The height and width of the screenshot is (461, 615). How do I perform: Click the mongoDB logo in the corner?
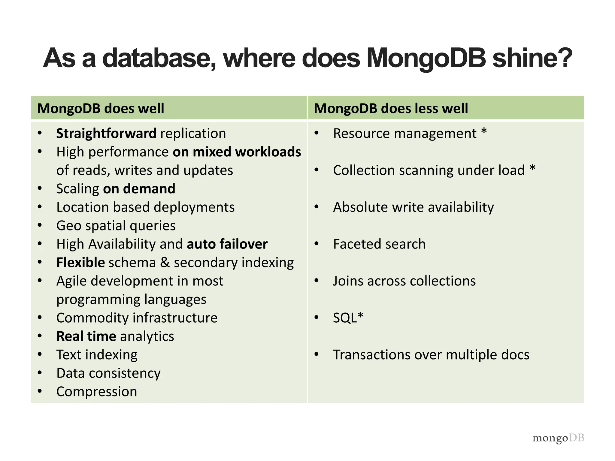pyautogui.click(x=558, y=438)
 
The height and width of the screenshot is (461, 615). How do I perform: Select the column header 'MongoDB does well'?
pyautogui.click(x=101, y=108)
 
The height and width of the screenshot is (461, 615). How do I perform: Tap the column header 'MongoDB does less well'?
pyautogui.click(x=391, y=108)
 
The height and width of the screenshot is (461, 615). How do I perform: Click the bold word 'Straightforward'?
pyautogui.click(x=106, y=134)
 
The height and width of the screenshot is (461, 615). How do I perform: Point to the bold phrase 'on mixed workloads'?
pyautogui.click(x=237, y=152)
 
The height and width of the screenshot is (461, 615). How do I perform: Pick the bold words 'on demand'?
pyautogui.click(x=139, y=189)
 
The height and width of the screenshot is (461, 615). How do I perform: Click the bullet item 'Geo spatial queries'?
pyautogui.click(x=116, y=226)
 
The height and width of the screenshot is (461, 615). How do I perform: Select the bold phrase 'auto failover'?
pyautogui.click(x=227, y=244)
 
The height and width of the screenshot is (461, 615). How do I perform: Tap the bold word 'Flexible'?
pyautogui.click(x=80, y=263)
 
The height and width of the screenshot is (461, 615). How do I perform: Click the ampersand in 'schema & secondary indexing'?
pyautogui.click(x=165, y=263)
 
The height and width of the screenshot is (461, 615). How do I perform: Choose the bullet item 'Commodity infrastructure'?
pyautogui.click(x=137, y=318)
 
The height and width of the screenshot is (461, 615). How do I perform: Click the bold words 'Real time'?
pyautogui.click(x=86, y=336)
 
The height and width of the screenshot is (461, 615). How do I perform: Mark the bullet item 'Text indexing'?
pyautogui.click(x=97, y=355)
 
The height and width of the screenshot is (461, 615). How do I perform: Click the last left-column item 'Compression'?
pyautogui.click(x=97, y=392)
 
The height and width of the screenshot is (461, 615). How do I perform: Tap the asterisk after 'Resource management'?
pyautogui.click(x=484, y=132)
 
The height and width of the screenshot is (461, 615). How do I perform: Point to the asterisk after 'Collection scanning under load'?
pyautogui.click(x=532, y=168)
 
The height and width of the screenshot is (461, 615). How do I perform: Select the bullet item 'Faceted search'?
pyautogui.click(x=379, y=244)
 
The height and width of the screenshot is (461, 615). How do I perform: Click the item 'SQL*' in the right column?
pyautogui.click(x=348, y=318)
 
